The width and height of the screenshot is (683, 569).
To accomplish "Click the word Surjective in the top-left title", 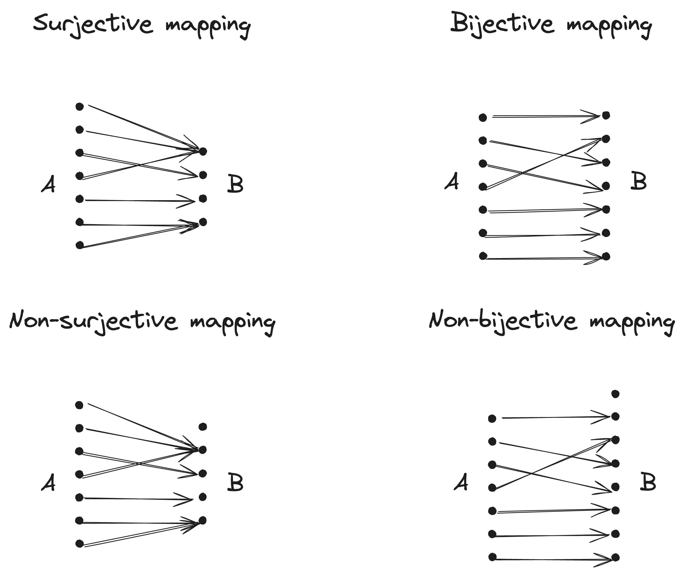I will pyautogui.click(x=93, y=25).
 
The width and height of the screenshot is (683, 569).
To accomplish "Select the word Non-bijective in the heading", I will pyautogui.click(x=503, y=321).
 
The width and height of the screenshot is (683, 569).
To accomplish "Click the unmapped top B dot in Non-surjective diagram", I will pyautogui.click(x=203, y=426).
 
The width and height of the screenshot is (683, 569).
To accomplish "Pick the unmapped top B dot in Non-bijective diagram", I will pyautogui.click(x=615, y=394).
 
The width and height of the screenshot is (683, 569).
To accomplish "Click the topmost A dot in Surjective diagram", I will pyautogui.click(x=79, y=106).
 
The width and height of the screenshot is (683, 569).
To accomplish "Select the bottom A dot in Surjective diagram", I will pyautogui.click(x=79, y=245).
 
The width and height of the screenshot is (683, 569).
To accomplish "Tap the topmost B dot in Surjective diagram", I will pyautogui.click(x=203, y=151).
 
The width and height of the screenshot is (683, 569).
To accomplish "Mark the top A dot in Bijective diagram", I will pyautogui.click(x=483, y=117).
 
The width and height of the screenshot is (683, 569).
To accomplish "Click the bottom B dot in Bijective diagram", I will pyautogui.click(x=606, y=256).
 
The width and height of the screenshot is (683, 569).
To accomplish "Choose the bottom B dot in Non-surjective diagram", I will pyautogui.click(x=202, y=521).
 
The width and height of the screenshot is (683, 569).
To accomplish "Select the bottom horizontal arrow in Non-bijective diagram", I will pyautogui.click(x=553, y=559).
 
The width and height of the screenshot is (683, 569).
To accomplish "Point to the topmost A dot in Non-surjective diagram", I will pyautogui.click(x=79, y=405).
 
